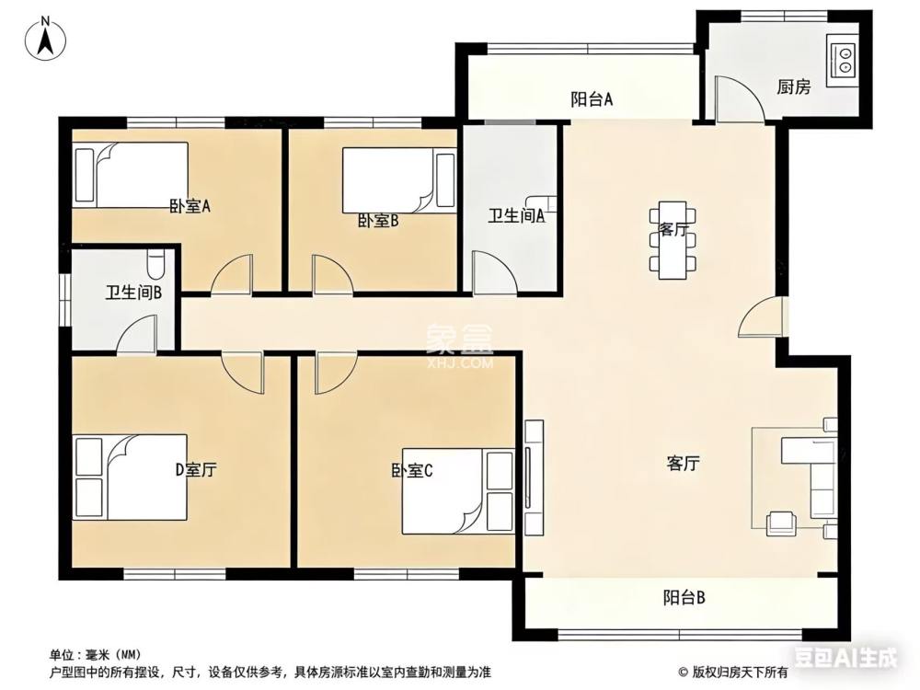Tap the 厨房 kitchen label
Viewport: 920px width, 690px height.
793,87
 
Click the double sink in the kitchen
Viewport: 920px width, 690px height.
842,60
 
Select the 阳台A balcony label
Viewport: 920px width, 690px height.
592,99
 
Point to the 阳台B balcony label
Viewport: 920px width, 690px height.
684,598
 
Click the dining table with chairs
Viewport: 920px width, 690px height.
672,238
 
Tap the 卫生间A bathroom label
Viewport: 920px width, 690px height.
517,216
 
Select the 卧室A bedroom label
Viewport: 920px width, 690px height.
190,206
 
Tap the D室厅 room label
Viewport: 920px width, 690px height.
196,470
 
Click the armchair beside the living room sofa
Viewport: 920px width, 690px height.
782,523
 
